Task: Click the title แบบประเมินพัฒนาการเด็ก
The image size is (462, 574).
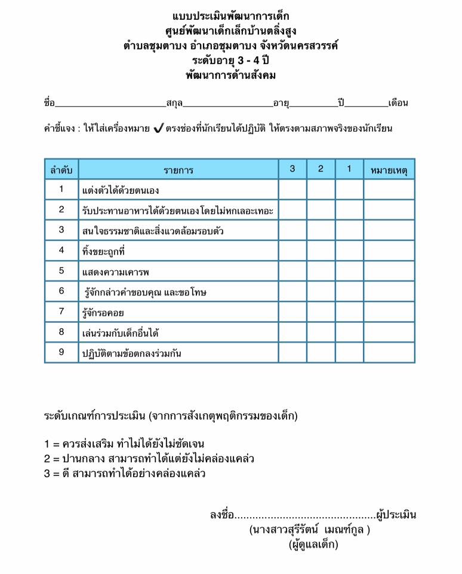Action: click(x=230, y=16)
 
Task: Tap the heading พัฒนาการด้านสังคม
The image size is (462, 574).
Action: click(x=230, y=75)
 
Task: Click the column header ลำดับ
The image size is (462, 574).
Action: click(x=61, y=170)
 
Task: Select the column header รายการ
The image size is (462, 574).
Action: click(x=178, y=170)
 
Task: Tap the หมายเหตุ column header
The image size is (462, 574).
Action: click(x=389, y=170)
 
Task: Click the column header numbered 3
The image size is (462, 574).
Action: click(x=292, y=169)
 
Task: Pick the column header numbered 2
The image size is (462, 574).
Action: click(x=321, y=169)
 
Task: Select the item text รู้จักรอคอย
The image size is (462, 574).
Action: click(x=102, y=312)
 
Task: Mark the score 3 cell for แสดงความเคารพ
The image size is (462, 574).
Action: click(x=292, y=271)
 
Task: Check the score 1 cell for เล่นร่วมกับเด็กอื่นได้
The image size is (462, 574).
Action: click(x=349, y=332)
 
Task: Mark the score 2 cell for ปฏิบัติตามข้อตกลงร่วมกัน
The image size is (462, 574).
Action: click(x=321, y=352)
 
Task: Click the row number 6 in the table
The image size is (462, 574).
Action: click(x=61, y=291)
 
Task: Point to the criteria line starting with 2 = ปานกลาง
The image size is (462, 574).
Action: click(x=149, y=459)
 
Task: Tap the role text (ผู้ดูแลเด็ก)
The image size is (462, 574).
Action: click(x=313, y=544)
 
